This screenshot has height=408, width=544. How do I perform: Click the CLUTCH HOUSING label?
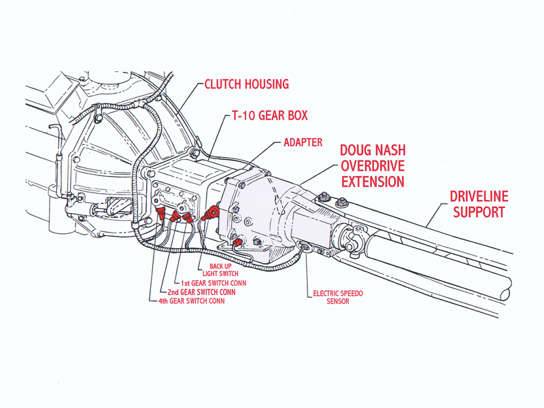[247, 84]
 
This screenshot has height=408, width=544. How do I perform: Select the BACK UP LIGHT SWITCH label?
[225, 269]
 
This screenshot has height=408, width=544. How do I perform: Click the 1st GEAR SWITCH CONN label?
[213, 282]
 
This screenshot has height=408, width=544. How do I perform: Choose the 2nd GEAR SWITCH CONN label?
[201, 291]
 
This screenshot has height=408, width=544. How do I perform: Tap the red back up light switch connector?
[212, 212]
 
